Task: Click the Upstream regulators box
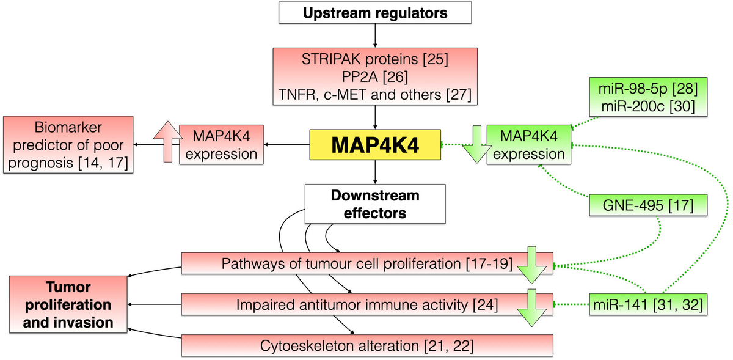(375, 12)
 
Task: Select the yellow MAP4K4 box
(374, 145)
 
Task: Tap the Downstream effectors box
(374, 204)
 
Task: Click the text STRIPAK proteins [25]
(375, 61)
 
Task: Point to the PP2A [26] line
(375, 77)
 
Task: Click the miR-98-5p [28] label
(649, 88)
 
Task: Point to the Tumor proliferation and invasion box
(68, 304)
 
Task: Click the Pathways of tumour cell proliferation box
(348, 264)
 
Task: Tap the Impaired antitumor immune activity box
(348, 303)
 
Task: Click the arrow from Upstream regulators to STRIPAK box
(374, 36)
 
